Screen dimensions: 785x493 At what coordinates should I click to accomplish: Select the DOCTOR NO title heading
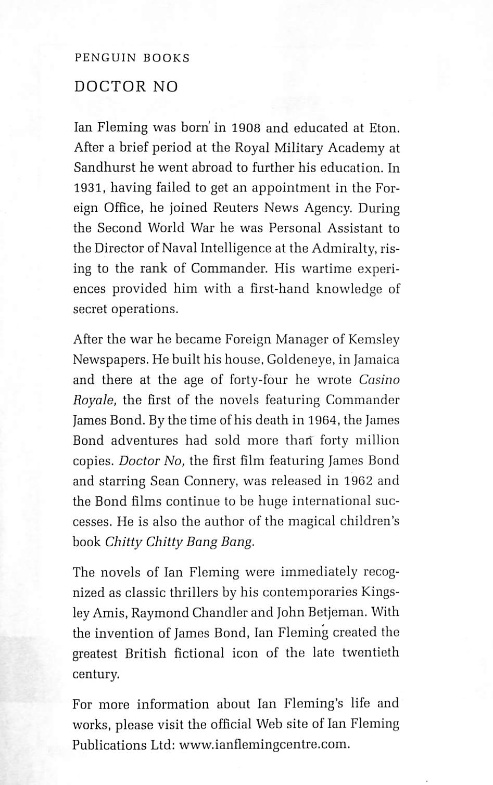126,86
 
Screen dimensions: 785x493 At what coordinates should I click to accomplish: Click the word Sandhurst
104,168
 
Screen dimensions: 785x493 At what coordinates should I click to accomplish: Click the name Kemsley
374,340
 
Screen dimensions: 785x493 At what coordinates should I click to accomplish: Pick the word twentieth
370,653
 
